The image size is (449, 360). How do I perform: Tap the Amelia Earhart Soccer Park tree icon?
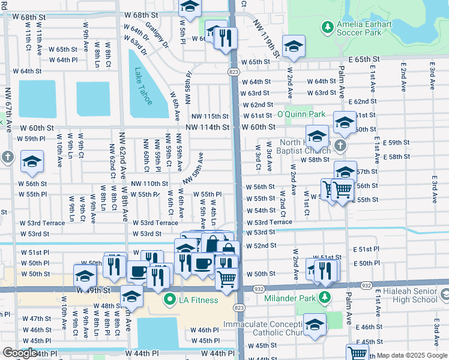click(327, 27)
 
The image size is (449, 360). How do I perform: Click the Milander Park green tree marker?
click(325, 297)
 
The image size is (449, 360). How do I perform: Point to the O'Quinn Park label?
click(301, 114)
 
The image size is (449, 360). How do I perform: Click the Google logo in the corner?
click(20, 353)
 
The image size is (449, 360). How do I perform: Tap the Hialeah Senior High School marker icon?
click(444, 295)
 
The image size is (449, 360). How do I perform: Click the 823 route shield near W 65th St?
click(233, 71)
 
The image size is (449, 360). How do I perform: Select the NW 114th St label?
click(207, 127)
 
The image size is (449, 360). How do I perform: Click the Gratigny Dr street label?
click(157, 37)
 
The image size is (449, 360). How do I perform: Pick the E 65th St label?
click(363, 60)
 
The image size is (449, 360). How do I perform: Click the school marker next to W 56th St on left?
click(32, 160)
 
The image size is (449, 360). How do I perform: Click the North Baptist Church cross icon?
click(340, 146)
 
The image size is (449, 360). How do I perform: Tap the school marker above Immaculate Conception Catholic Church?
click(315, 324)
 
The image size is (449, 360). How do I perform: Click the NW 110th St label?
click(149, 184)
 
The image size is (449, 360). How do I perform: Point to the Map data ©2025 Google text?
click(412, 356)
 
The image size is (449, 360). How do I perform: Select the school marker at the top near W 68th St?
click(190, 8)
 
